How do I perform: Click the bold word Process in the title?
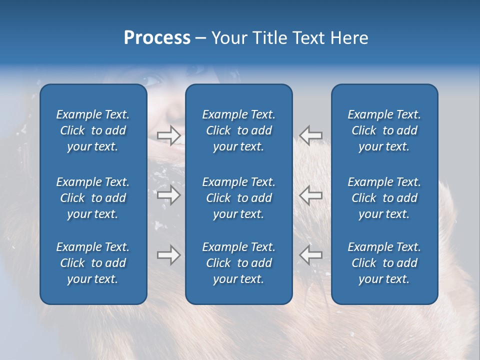157,38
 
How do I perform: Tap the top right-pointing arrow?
168,135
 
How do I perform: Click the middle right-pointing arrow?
168,194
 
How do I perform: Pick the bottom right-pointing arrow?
168,255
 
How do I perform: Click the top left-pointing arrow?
310,135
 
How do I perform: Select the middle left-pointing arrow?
310,194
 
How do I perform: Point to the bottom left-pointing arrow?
310,255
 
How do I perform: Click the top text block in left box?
93,130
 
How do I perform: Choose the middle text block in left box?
93,198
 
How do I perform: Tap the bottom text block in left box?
93,263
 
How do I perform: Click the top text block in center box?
238,130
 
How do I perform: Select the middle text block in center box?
238,198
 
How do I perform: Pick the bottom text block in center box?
238,263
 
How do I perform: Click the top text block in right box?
384,130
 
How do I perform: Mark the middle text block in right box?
384,198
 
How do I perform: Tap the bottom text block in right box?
384,263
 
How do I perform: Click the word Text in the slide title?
308,38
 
